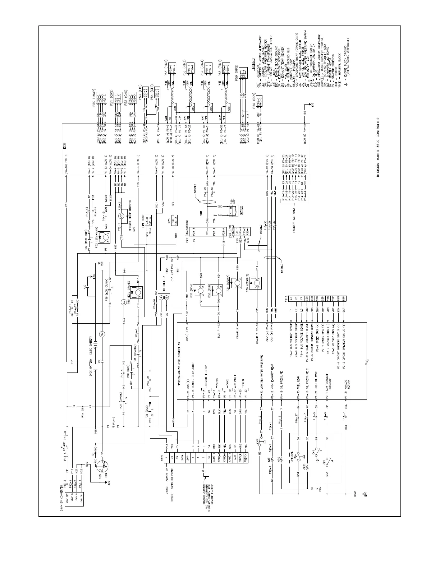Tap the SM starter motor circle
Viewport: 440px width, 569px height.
(102, 334)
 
